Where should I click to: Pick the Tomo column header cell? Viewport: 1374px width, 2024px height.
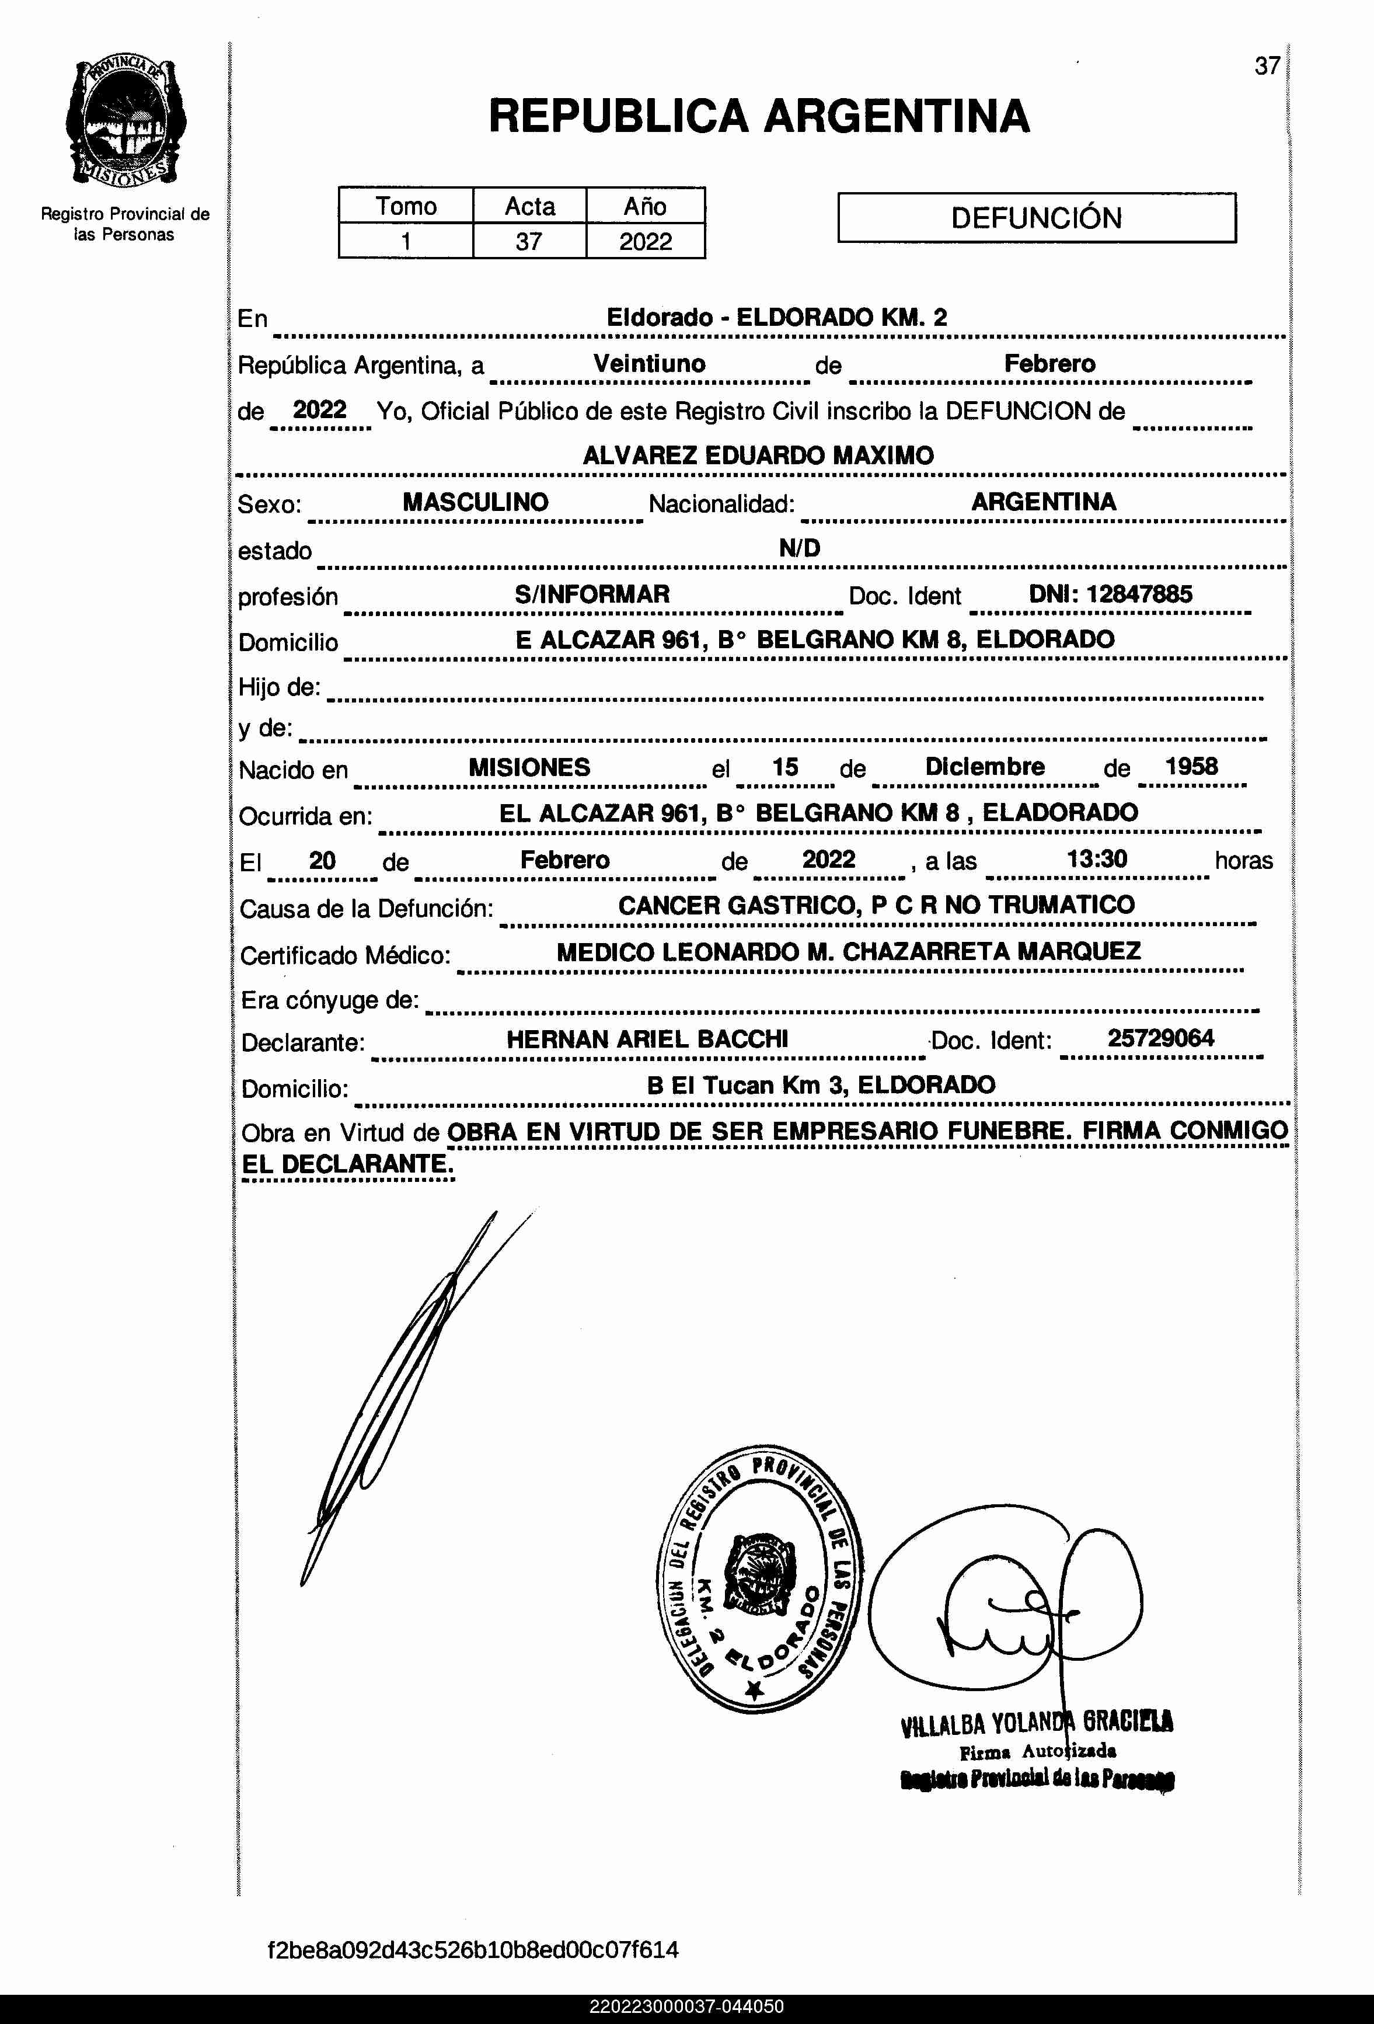pos(406,206)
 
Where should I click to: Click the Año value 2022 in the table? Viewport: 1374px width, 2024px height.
pos(645,241)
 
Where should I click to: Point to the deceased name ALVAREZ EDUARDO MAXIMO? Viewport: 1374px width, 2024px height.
pos(758,455)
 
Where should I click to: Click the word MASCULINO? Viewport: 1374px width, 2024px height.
pos(476,502)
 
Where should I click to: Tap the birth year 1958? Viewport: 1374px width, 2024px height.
pos(1191,766)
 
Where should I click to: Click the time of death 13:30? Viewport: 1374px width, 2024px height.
pos(1097,859)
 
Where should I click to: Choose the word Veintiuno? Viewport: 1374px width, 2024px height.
pos(650,363)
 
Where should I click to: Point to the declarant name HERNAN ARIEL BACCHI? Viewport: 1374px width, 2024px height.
pos(647,1039)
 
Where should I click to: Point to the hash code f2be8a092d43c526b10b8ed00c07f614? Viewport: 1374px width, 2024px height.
pos(473,1949)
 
